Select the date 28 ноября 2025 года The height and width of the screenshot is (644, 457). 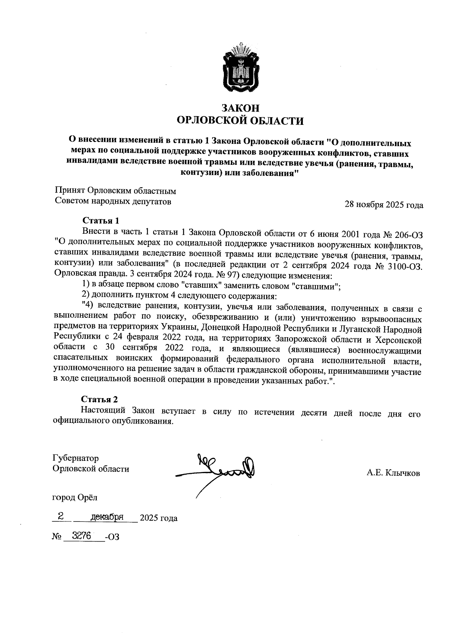tap(383, 205)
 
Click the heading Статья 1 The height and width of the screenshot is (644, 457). tap(101, 221)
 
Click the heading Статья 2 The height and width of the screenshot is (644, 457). tap(99, 399)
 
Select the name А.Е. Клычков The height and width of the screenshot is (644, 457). tap(393, 473)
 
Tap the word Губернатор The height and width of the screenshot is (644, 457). tap(76, 458)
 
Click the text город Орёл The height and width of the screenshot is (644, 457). tap(75, 497)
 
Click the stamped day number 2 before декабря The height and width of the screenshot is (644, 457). tap(60, 516)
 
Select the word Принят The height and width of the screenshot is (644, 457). tap(70, 190)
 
